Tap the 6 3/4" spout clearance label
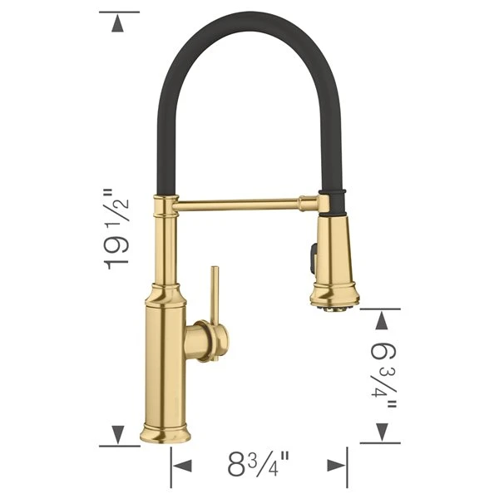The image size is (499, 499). click(383, 373)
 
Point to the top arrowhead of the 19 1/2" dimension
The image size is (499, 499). click(119, 24)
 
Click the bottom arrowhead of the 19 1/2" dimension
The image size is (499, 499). click(119, 432)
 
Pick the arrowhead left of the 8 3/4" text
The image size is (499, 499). click(181, 464)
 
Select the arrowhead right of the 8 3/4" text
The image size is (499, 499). click(336, 464)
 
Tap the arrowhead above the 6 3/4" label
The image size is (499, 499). click(382, 319)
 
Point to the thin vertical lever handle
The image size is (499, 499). click(214, 295)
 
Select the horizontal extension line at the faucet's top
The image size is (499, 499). click(119, 12)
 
